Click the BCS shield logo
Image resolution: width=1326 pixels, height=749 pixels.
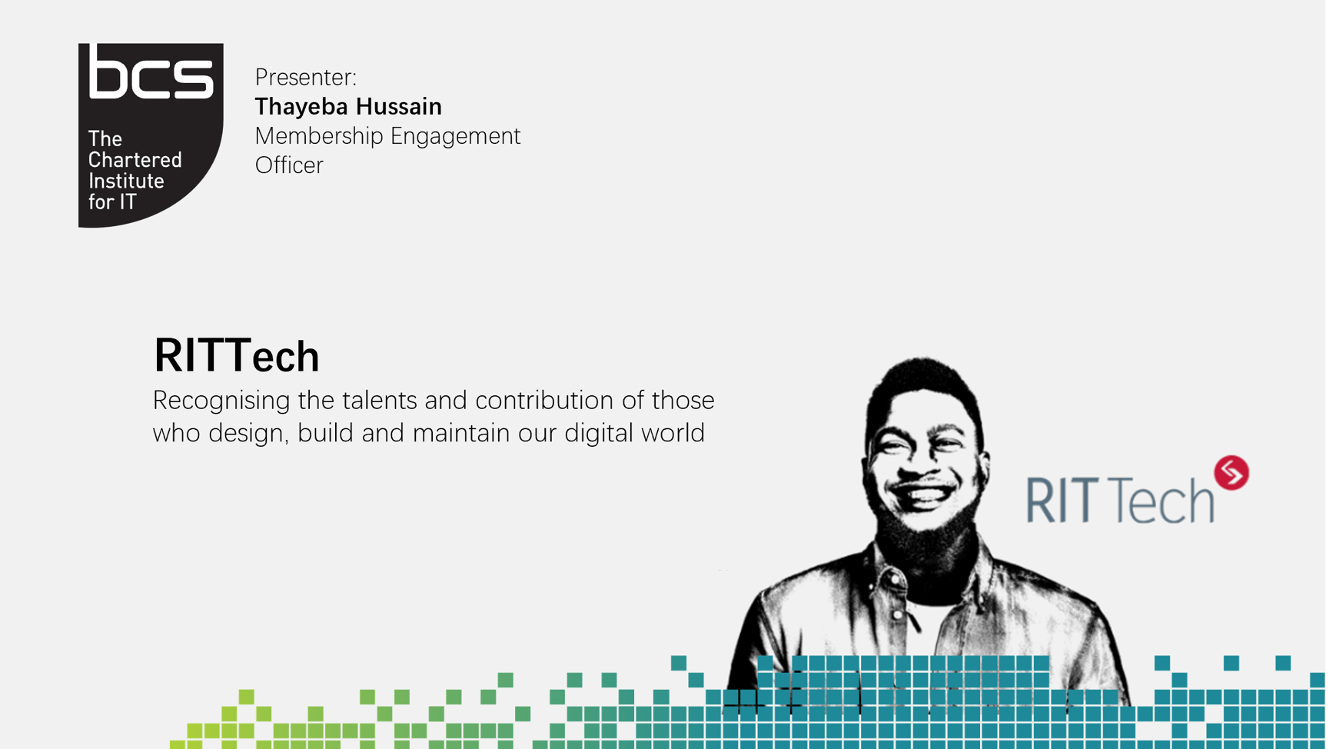click(x=151, y=135)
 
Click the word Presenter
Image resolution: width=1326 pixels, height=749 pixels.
click(x=305, y=78)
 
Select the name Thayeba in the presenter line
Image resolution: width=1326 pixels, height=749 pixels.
click(x=300, y=107)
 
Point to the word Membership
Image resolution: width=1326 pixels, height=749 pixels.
click(x=319, y=136)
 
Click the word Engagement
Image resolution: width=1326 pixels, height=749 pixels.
click(x=455, y=136)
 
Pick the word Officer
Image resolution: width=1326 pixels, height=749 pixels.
click(x=289, y=165)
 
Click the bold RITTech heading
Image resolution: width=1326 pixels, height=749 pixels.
click(x=236, y=356)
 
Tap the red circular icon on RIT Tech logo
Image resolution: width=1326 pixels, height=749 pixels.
click(x=1231, y=472)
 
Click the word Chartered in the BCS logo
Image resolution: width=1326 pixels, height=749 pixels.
click(x=135, y=160)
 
